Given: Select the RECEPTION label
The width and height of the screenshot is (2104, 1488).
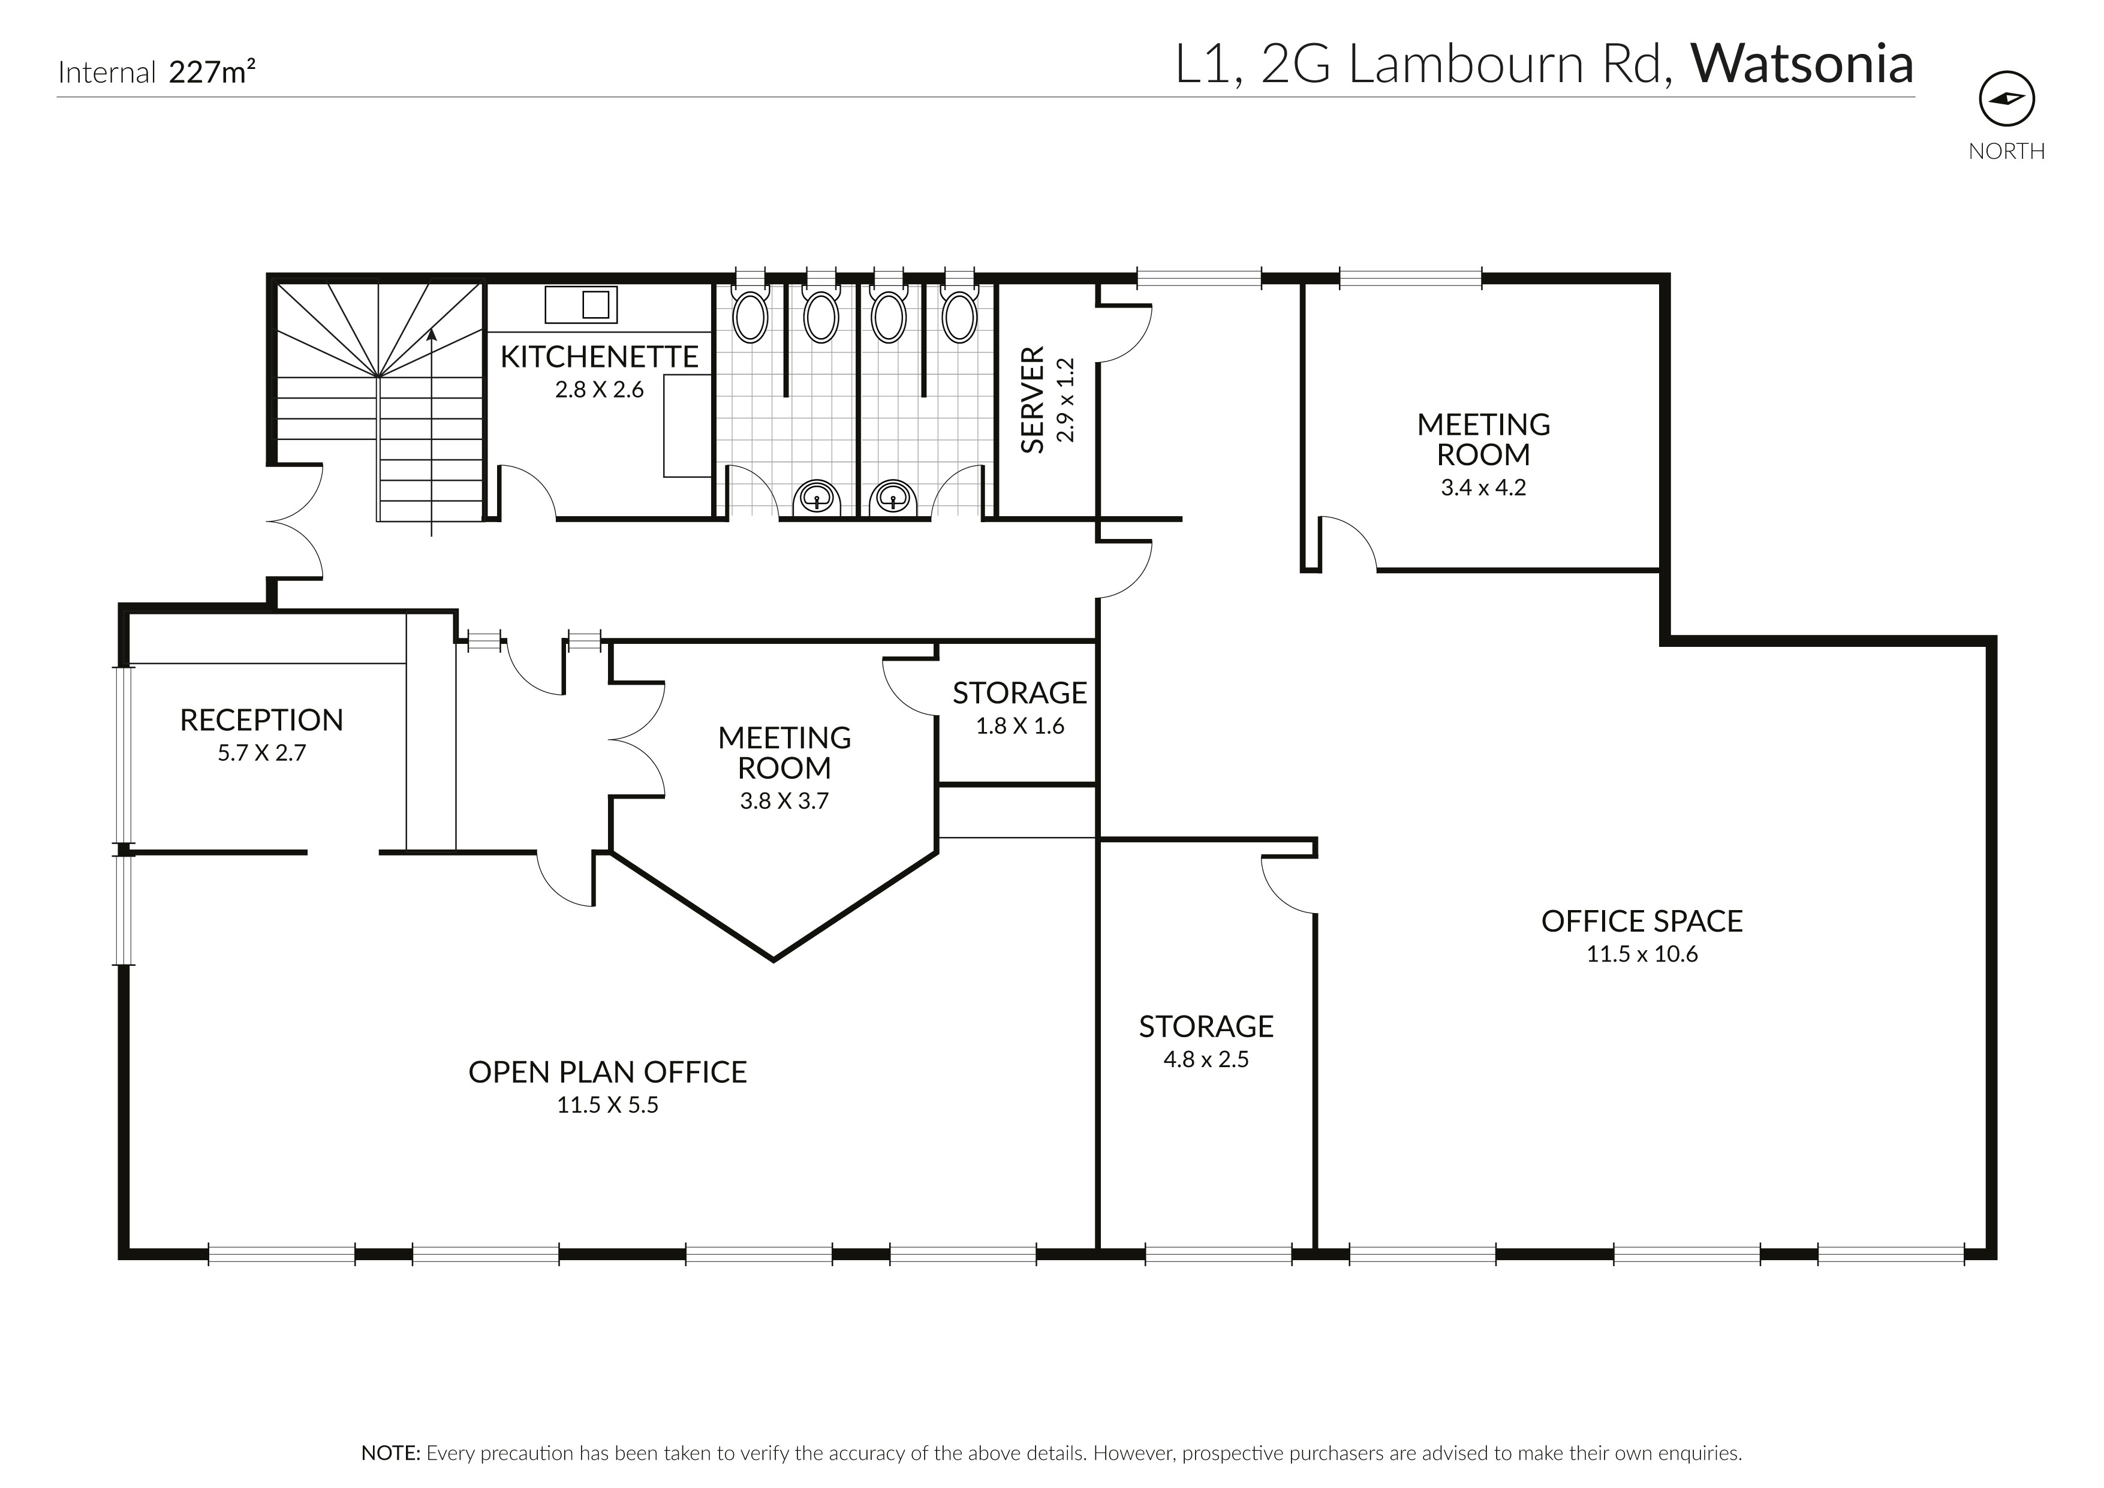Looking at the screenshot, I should tap(261, 720).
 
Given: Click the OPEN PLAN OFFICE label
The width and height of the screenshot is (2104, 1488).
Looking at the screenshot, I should tap(607, 1072).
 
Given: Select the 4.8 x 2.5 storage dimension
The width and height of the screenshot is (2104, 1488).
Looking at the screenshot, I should tap(1205, 1060).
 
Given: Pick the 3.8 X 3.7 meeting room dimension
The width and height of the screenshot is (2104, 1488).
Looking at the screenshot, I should tap(784, 802).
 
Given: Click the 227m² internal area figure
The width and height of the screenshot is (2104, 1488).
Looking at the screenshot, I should tap(212, 71).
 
